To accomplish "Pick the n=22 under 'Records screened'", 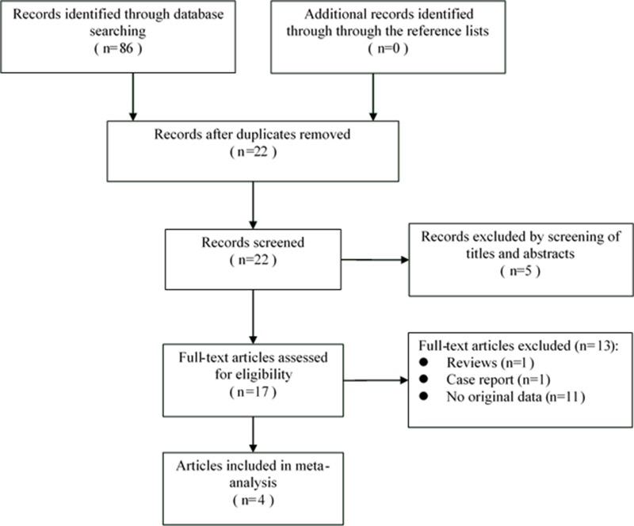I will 252,262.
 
